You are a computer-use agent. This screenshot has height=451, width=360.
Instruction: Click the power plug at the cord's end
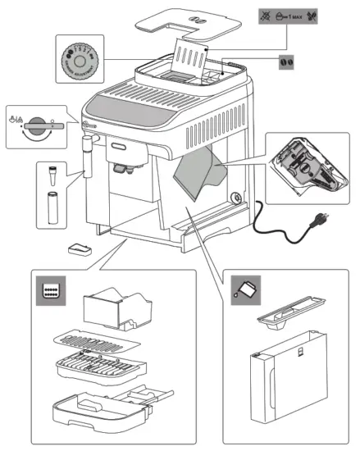[x=315, y=221]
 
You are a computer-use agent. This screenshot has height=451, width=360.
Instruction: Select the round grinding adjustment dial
[x=80, y=58]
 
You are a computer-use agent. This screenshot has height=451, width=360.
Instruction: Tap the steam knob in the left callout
[x=37, y=125]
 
